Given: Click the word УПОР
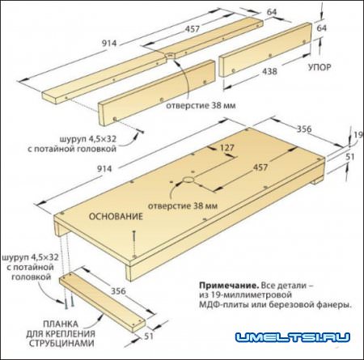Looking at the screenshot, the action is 320,67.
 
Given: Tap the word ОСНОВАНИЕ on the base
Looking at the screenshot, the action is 116,217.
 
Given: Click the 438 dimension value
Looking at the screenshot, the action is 269,71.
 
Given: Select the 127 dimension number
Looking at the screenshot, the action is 227,148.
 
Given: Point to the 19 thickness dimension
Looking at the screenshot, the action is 358,135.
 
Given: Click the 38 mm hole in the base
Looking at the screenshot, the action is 188,180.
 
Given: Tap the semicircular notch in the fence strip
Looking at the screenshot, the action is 170,55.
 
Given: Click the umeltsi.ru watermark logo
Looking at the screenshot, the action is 293,337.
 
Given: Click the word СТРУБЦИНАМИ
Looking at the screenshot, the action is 61,343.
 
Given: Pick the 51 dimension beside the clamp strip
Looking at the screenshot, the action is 149,337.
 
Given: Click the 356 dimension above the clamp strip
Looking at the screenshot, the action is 119,291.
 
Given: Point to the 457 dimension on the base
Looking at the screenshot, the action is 260,167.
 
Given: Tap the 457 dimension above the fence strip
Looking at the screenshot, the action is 193,29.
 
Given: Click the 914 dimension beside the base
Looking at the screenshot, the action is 104,169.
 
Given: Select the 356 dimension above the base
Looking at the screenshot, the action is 304,129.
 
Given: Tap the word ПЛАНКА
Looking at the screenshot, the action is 61,324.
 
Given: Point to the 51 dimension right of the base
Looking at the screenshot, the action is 350,157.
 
